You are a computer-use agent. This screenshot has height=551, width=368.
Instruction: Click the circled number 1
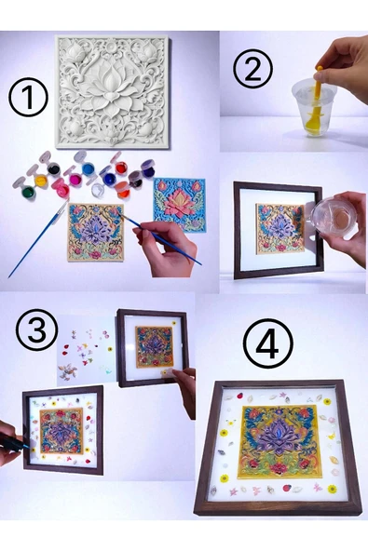point(28,98)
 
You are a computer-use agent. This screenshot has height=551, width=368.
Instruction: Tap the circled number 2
point(253,69)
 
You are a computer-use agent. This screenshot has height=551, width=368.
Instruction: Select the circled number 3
point(36,329)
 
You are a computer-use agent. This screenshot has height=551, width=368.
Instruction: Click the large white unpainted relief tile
point(112,92)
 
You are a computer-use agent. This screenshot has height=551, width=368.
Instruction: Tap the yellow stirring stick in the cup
point(315,104)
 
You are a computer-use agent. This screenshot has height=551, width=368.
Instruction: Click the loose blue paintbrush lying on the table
point(37,238)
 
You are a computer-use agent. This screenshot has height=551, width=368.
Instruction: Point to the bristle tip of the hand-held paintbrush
point(120,215)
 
